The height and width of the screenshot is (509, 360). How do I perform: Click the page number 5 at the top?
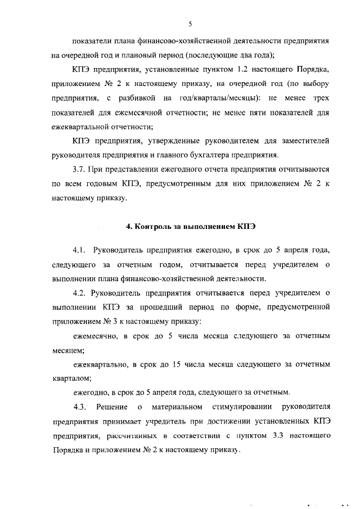click(x=191, y=24)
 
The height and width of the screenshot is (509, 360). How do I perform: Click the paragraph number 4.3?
click(x=79, y=407)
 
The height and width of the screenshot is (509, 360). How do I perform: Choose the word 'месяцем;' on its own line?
click(x=67, y=350)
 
